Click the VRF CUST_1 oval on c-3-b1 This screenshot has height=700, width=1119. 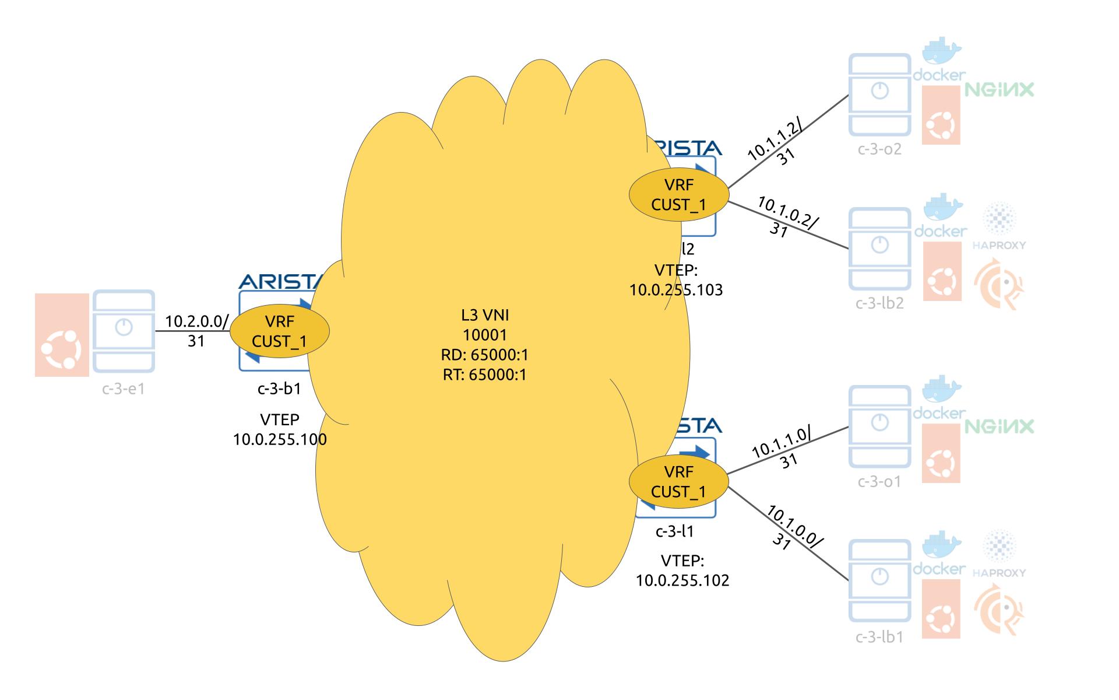[280, 331]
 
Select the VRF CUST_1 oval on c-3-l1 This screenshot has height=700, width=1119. [678, 482]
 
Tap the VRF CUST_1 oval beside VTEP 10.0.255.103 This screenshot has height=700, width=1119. [678, 195]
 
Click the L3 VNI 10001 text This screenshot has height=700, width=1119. [485, 325]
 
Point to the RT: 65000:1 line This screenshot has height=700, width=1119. [485, 374]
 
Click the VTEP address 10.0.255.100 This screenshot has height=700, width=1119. [280, 439]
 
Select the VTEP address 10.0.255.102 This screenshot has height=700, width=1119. [682, 580]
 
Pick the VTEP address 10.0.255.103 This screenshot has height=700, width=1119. [676, 290]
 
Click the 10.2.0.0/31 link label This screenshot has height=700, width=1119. [196, 331]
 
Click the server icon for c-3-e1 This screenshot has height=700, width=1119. [124, 331]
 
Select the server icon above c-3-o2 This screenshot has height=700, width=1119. [879, 94]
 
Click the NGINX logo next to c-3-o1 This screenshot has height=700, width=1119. [1000, 426]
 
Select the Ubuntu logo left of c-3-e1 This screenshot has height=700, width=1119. [61, 335]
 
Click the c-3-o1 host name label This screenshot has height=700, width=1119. [879, 482]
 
